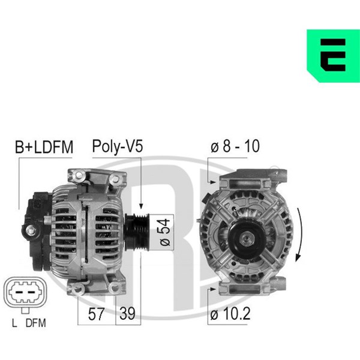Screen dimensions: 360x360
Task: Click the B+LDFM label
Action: coord(44,147)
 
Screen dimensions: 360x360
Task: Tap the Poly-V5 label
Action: coord(118,147)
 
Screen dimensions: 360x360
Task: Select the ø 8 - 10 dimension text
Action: coord(235,146)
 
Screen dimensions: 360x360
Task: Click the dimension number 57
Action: coord(96,314)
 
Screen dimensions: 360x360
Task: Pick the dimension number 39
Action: coord(127,314)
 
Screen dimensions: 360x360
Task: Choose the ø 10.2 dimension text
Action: coord(230,314)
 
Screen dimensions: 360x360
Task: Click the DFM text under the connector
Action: coord(36,323)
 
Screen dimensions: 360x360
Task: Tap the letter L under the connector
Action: coord(14,323)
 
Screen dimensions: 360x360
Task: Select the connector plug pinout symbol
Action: coord(25,293)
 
